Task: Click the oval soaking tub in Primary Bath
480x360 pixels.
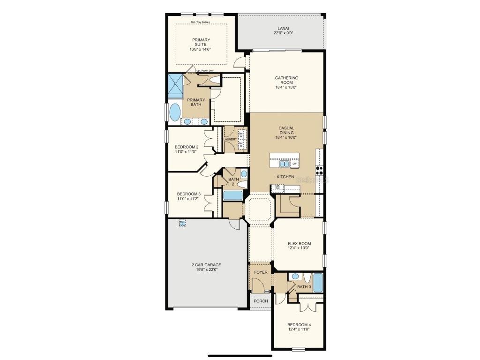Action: coord(174,112)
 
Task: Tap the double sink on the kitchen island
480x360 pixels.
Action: coord(284,164)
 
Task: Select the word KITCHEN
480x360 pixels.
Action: coord(285,177)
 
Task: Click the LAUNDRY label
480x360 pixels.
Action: coord(230,139)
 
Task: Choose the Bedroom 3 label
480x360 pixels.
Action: coord(189,194)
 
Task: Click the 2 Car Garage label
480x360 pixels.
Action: coord(206,265)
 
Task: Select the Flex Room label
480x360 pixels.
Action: coord(299,244)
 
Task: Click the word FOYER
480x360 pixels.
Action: coord(261,272)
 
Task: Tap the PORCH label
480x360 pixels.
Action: coord(261,301)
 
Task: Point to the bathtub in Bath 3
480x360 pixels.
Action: coord(318,283)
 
